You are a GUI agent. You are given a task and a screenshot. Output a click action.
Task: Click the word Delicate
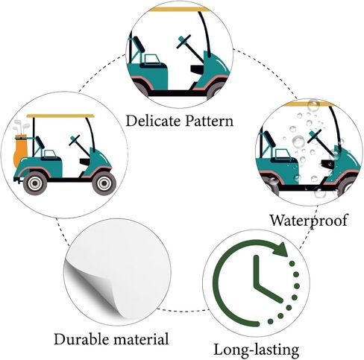154,121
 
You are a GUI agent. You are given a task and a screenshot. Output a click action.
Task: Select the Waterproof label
309,220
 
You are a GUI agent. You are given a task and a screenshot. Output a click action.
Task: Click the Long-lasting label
257,350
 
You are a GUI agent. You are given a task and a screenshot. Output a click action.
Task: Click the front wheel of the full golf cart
104,183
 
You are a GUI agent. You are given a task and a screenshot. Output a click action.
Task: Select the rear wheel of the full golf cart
35,183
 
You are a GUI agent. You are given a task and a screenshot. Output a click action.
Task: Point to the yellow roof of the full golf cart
60,116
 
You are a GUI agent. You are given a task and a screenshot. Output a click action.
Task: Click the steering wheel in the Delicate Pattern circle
183,42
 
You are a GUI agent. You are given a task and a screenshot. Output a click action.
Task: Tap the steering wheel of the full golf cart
75,140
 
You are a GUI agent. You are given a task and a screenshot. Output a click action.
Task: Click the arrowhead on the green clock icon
280,249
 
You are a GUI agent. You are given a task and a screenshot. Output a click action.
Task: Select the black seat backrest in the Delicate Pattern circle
139,44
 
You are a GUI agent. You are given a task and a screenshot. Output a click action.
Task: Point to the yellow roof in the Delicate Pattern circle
180,10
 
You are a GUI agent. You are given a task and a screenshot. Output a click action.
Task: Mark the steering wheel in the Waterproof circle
315,136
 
